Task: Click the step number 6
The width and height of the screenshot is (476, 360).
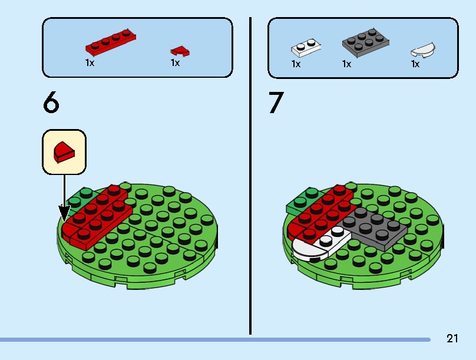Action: click(x=51, y=102)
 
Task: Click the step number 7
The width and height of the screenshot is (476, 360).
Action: click(x=276, y=103)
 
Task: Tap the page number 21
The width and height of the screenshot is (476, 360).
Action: click(x=452, y=338)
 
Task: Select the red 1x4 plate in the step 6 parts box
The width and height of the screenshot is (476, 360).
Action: click(x=111, y=42)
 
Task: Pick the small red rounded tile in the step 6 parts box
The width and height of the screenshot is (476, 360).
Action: click(x=180, y=51)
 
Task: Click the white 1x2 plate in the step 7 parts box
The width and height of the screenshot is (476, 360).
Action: click(x=306, y=48)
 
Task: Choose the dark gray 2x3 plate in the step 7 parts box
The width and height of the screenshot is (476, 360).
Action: click(x=366, y=43)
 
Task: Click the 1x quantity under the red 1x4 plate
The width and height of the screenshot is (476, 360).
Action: click(x=90, y=63)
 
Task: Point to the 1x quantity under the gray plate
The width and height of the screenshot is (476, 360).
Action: click(x=346, y=64)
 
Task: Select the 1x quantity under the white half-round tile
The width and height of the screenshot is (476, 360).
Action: click(x=415, y=64)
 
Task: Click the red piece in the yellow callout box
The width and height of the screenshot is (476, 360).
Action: click(x=64, y=152)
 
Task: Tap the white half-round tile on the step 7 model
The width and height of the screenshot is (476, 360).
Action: click(x=309, y=250)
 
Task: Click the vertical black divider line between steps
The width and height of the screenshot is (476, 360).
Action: click(x=250, y=176)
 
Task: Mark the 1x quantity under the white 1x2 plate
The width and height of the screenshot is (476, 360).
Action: click(x=296, y=64)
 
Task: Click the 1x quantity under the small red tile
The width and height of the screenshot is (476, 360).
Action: click(x=176, y=63)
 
